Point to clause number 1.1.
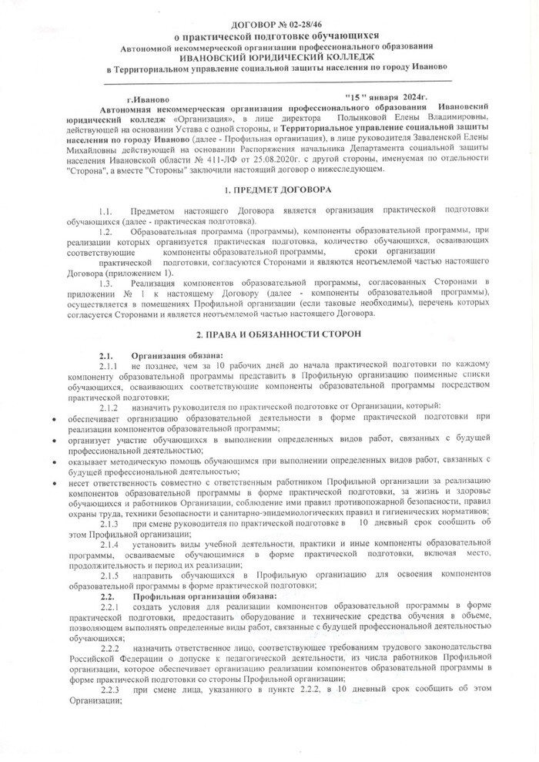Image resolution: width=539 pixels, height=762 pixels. [106, 210]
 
